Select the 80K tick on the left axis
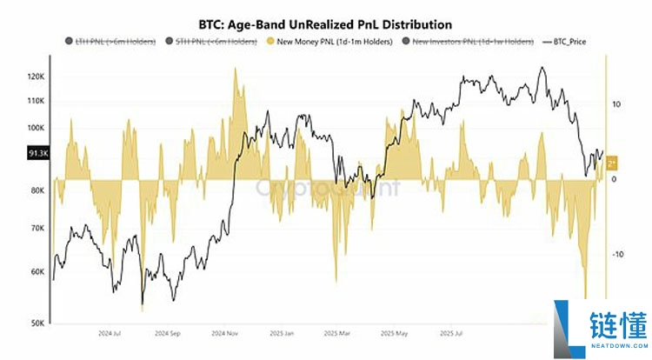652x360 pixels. (37, 190)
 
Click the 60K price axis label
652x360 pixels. (37, 271)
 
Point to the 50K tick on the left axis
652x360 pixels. (37, 323)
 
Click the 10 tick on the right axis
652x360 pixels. (616, 104)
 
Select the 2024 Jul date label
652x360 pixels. (109, 333)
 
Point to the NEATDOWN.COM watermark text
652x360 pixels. (615, 345)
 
